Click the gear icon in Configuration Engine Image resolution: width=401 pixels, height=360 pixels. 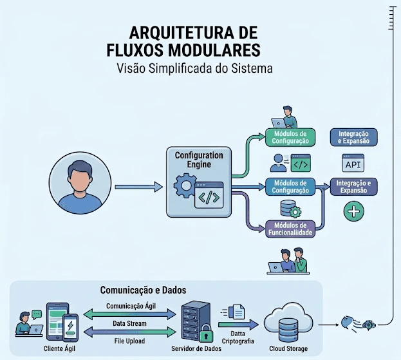coord(185,188)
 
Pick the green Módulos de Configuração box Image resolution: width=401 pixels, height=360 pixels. coord(291,137)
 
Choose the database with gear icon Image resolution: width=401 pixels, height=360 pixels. coord(288,209)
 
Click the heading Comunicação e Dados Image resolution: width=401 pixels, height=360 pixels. coord(143,290)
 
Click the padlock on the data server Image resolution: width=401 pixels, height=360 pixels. coord(206,336)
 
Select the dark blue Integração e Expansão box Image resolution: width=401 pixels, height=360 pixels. coord(353,137)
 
